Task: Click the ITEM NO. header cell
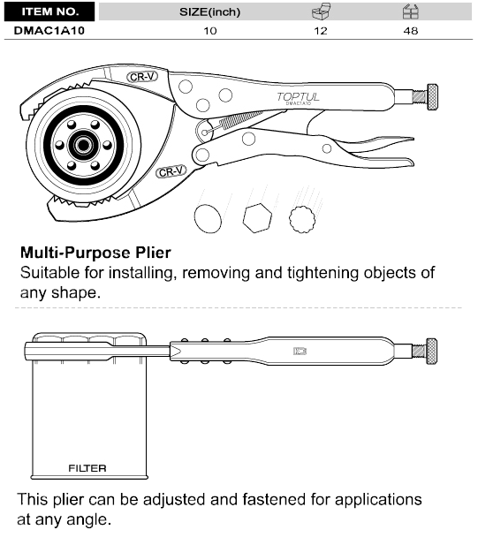tap(49, 11)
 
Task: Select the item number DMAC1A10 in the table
tap(49, 31)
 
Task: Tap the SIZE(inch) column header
tap(209, 12)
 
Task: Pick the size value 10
tap(210, 31)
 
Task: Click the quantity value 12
tap(321, 31)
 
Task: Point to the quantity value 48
tap(411, 31)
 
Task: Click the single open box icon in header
tap(321, 11)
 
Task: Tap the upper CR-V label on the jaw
tap(142, 77)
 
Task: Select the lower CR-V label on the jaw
tap(171, 171)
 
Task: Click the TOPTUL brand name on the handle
tap(298, 96)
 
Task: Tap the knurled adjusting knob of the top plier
tap(432, 97)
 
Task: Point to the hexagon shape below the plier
tap(257, 218)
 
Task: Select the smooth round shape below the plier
tap(208, 218)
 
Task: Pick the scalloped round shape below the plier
tap(302, 219)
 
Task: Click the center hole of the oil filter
tap(83, 145)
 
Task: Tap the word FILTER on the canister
tap(87, 468)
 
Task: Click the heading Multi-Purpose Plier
tap(95, 253)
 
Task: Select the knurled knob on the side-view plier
tap(431, 351)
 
